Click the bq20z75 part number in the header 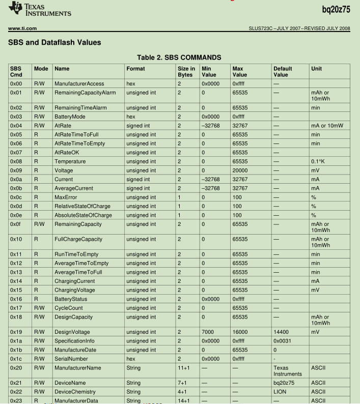pos(336,9)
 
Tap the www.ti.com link pos(21,27)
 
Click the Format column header pos(136,69)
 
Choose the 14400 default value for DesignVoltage pos(282,332)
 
